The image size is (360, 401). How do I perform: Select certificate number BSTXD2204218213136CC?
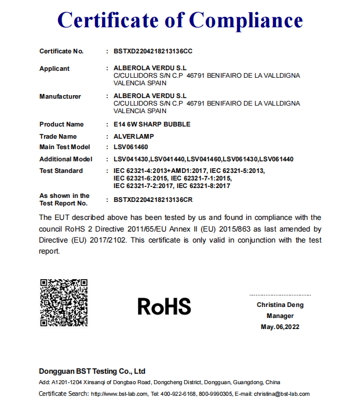click(x=153, y=51)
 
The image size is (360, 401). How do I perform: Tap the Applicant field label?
click(x=54, y=68)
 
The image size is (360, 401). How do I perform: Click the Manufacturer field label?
click(x=60, y=96)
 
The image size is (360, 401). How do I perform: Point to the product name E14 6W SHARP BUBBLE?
click(x=152, y=124)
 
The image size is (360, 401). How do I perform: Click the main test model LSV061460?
click(x=130, y=147)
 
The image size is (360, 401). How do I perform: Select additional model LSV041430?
click(x=131, y=159)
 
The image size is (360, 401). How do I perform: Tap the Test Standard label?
click(x=61, y=171)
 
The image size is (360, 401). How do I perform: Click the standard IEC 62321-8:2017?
click(x=203, y=186)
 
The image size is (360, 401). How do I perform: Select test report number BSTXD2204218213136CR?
click(x=153, y=200)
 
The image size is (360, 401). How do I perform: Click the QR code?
click(x=64, y=302)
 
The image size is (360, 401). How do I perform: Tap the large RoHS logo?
click(x=164, y=306)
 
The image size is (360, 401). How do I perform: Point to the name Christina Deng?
click(x=280, y=305)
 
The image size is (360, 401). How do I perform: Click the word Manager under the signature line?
click(x=280, y=316)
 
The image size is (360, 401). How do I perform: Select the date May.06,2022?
click(x=280, y=327)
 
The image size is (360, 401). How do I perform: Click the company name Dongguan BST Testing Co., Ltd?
click(x=92, y=371)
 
